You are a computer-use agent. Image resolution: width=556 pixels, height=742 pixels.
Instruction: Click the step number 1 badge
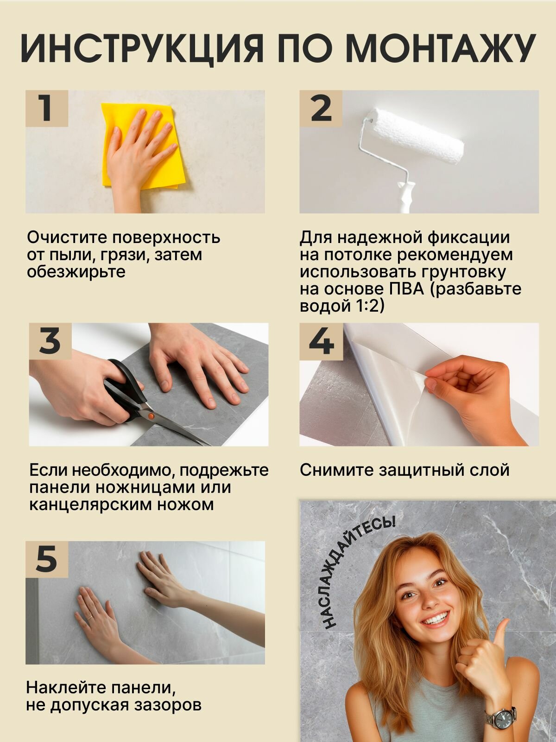point(46,108)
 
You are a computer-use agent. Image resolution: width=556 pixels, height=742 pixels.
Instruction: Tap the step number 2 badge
point(321,108)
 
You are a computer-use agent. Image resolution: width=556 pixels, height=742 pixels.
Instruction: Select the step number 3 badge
point(50,341)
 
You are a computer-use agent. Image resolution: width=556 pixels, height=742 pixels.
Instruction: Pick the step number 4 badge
point(321,341)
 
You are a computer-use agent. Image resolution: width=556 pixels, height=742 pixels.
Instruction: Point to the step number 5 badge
point(46,559)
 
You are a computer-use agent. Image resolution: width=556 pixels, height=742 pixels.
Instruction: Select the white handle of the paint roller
point(405,197)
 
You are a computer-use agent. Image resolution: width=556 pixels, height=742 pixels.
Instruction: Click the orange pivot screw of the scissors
point(151,416)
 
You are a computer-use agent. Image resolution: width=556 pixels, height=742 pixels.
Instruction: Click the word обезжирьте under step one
point(76,272)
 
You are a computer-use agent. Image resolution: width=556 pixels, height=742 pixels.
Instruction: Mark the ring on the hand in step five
point(89,618)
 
